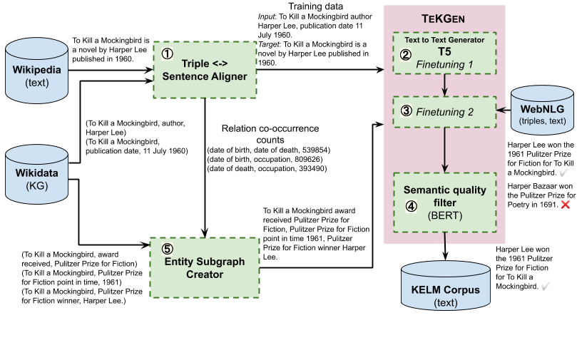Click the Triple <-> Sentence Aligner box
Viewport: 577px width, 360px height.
point(205,70)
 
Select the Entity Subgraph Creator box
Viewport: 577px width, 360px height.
point(204,268)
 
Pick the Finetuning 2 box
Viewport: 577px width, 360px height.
point(445,111)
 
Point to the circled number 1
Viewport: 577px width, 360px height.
point(167,54)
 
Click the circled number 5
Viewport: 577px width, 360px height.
point(167,249)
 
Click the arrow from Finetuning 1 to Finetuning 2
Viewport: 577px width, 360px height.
point(445,86)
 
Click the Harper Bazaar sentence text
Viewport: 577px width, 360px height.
point(540,194)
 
